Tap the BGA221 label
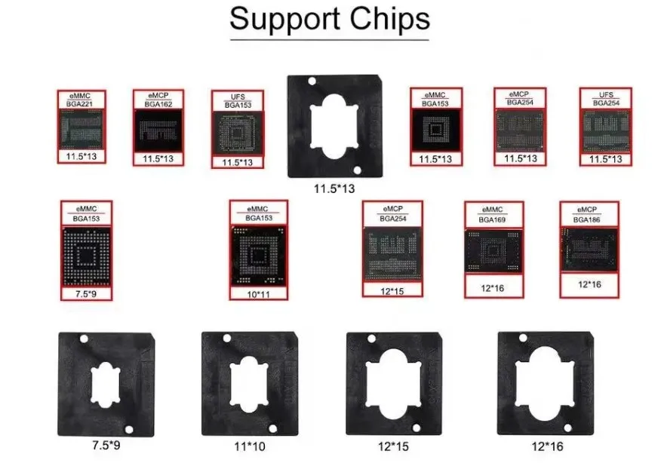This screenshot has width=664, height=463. tap(81, 104)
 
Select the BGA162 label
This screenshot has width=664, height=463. tap(157, 104)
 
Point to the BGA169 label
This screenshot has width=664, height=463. tap(493, 221)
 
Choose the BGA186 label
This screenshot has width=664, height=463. tap(589, 220)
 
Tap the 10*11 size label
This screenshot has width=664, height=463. tap(258, 293)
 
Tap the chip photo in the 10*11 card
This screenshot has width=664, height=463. tap(258, 255)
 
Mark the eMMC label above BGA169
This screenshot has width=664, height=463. tap(493, 210)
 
